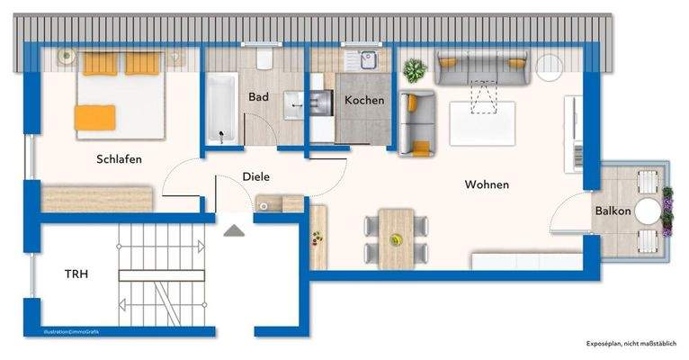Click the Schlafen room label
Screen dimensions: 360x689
coord(120,159)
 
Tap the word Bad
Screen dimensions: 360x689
coord(259,96)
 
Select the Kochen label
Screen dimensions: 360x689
coord(364,101)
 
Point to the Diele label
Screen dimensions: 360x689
coord(256,177)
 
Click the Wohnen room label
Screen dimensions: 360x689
coord(487,184)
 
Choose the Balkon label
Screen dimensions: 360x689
coord(612,211)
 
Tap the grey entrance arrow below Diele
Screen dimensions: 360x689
coord(234,230)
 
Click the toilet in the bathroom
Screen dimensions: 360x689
coord(264,59)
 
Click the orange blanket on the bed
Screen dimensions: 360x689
coord(95,117)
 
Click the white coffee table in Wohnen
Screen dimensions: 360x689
coord(482,122)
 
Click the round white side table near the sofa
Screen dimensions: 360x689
coord(549,66)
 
